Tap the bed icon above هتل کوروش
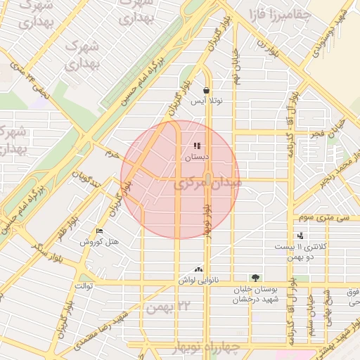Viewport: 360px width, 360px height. tap(99, 231)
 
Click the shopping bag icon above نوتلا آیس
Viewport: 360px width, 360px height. tap(205, 91)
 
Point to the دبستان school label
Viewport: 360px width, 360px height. tap(197, 157)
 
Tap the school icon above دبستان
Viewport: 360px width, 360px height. tap(197, 146)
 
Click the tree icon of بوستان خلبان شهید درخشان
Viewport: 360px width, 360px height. tap(255, 278)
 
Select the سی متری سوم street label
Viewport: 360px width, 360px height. tap(323, 218)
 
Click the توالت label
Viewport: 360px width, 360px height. tap(84, 287)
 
